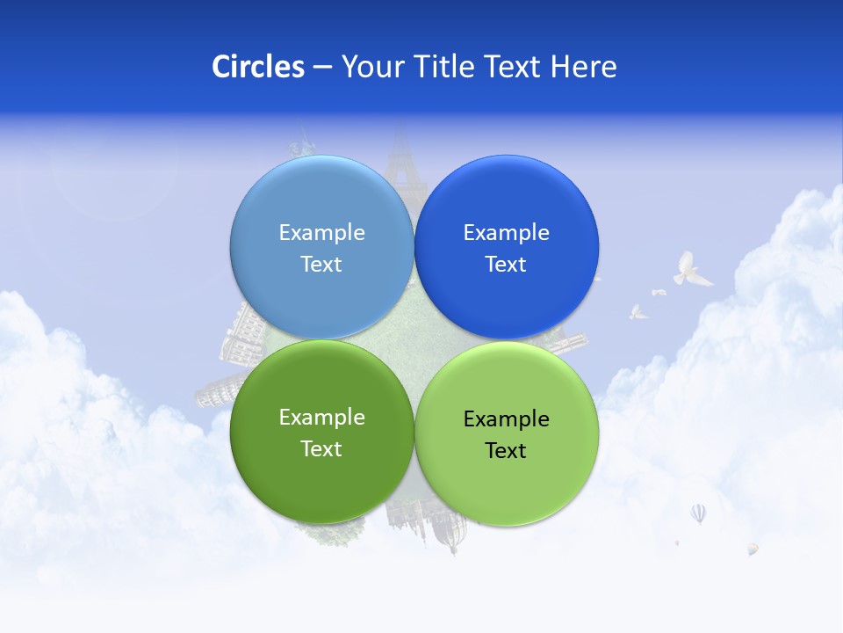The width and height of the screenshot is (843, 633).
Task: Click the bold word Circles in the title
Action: pyautogui.click(x=257, y=66)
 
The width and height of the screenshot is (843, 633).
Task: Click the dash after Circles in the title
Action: pyautogui.click(x=322, y=68)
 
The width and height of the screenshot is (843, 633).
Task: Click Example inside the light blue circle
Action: pyautogui.click(x=321, y=232)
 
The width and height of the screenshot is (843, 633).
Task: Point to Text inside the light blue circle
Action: pyautogui.click(x=321, y=264)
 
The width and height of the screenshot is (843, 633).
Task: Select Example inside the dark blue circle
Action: pyautogui.click(x=506, y=232)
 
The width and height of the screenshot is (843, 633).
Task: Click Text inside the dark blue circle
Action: pyautogui.click(x=506, y=264)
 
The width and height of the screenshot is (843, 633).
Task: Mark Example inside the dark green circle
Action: pyautogui.click(x=321, y=417)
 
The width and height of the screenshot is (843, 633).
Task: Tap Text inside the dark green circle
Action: pyautogui.click(x=321, y=448)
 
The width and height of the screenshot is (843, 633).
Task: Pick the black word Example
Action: pyautogui.click(x=506, y=418)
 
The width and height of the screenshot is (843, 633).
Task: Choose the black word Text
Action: pyautogui.click(x=506, y=450)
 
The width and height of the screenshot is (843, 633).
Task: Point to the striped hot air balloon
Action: pyautogui.click(x=698, y=513)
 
